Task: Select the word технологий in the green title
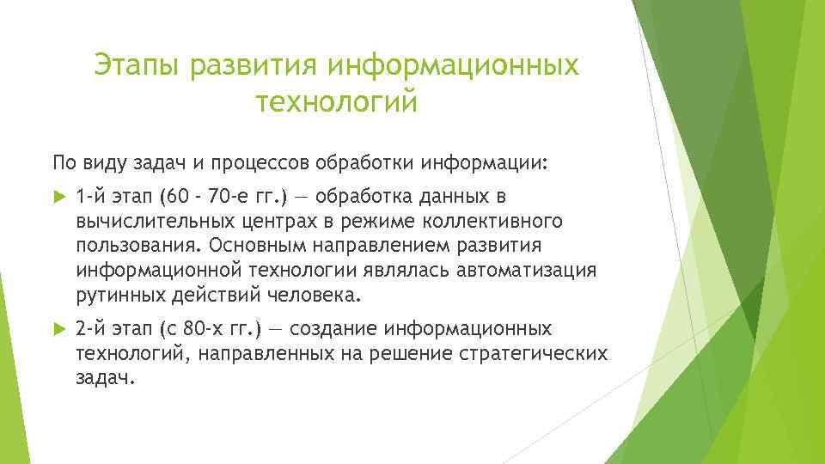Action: (x=336, y=103)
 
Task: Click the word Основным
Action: (x=258, y=246)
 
